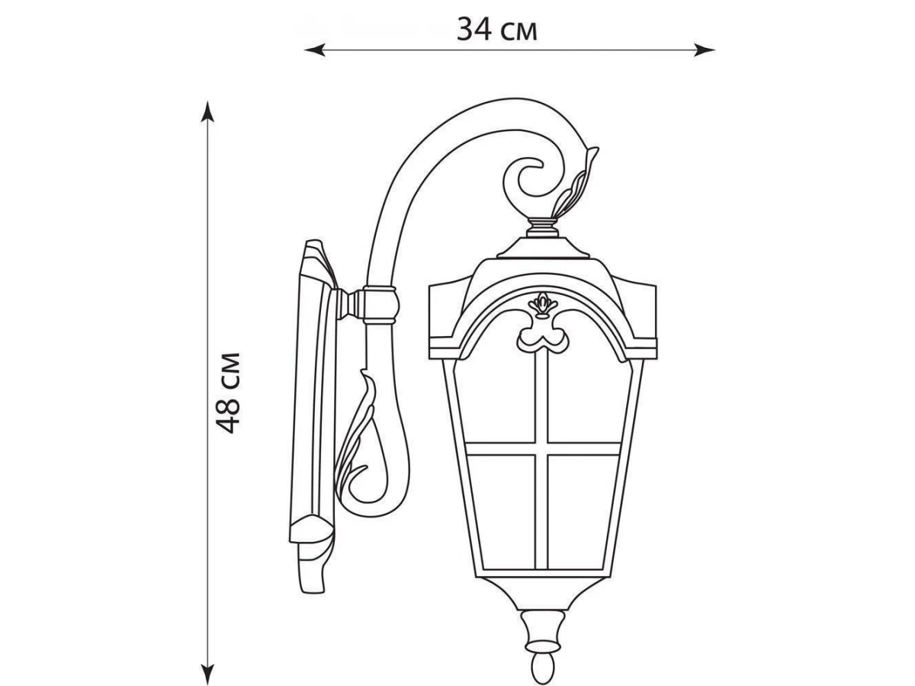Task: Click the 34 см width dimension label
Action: pyautogui.click(x=497, y=30)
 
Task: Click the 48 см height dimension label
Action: pyautogui.click(x=228, y=393)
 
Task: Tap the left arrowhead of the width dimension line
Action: pyautogui.click(x=315, y=50)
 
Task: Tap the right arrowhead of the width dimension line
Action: pyautogui.click(x=705, y=50)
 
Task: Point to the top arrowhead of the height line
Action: pyautogui.click(x=207, y=111)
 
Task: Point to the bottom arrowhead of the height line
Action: pyautogui.click(x=207, y=675)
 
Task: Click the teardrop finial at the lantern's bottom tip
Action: pyautogui.click(x=544, y=671)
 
